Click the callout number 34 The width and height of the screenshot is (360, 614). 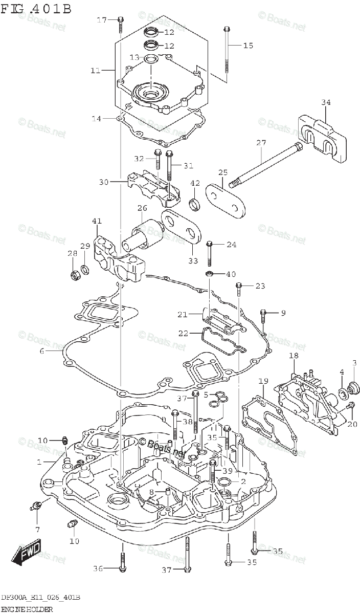pyautogui.click(x=326, y=103)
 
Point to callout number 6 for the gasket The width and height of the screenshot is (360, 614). pyautogui.click(x=41, y=352)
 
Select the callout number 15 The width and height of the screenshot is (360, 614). pyautogui.click(x=247, y=46)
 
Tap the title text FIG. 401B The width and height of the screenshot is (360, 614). pyautogui.click(x=36, y=9)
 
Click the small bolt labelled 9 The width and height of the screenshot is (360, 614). pyautogui.click(x=264, y=315)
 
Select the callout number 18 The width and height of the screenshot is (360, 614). pyautogui.click(x=294, y=356)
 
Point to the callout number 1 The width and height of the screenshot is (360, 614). pyautogui.click(x=39, y=462)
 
